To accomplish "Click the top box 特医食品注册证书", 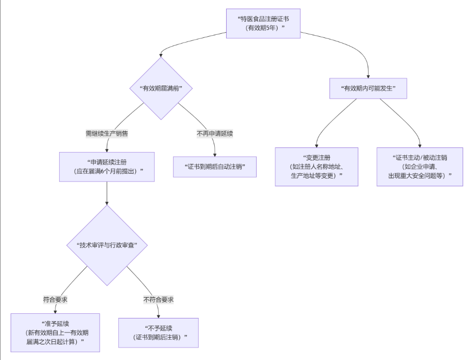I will pyautogui.click(x=263, y=23).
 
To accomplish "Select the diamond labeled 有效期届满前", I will pyautogui.click(x=161, y=88).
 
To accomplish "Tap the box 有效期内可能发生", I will pyautogui.click(x=368, y=88).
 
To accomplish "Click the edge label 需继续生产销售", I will pyautogui.click(x=107, y=133).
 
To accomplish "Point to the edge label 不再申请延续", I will pyautogui.click(x=215, y=133).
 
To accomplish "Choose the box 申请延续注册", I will pyautogui.click(x=107, y=167).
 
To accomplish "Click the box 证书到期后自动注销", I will pyautogui.click(x=215, y=167).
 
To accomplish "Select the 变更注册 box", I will pyautogui.click(x=316, y=167).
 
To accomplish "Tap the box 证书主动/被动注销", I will pyautogui.click(x=420, y=167).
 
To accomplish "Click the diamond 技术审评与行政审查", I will pyautogui.click(x=107, y=245).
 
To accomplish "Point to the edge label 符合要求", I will pyautogui.click(x=55, y=299).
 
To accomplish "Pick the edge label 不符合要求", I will pyautogui.click(x=158, y=299).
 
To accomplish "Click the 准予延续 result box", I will pyautogui.click(x=55, y=333).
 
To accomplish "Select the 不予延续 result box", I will pyautogui.click(x=158, y=333).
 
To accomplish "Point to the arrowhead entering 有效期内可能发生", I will pyautogui.click(x=368, y=76).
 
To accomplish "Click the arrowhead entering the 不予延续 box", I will pyautogui.click(x=158, y=316).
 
